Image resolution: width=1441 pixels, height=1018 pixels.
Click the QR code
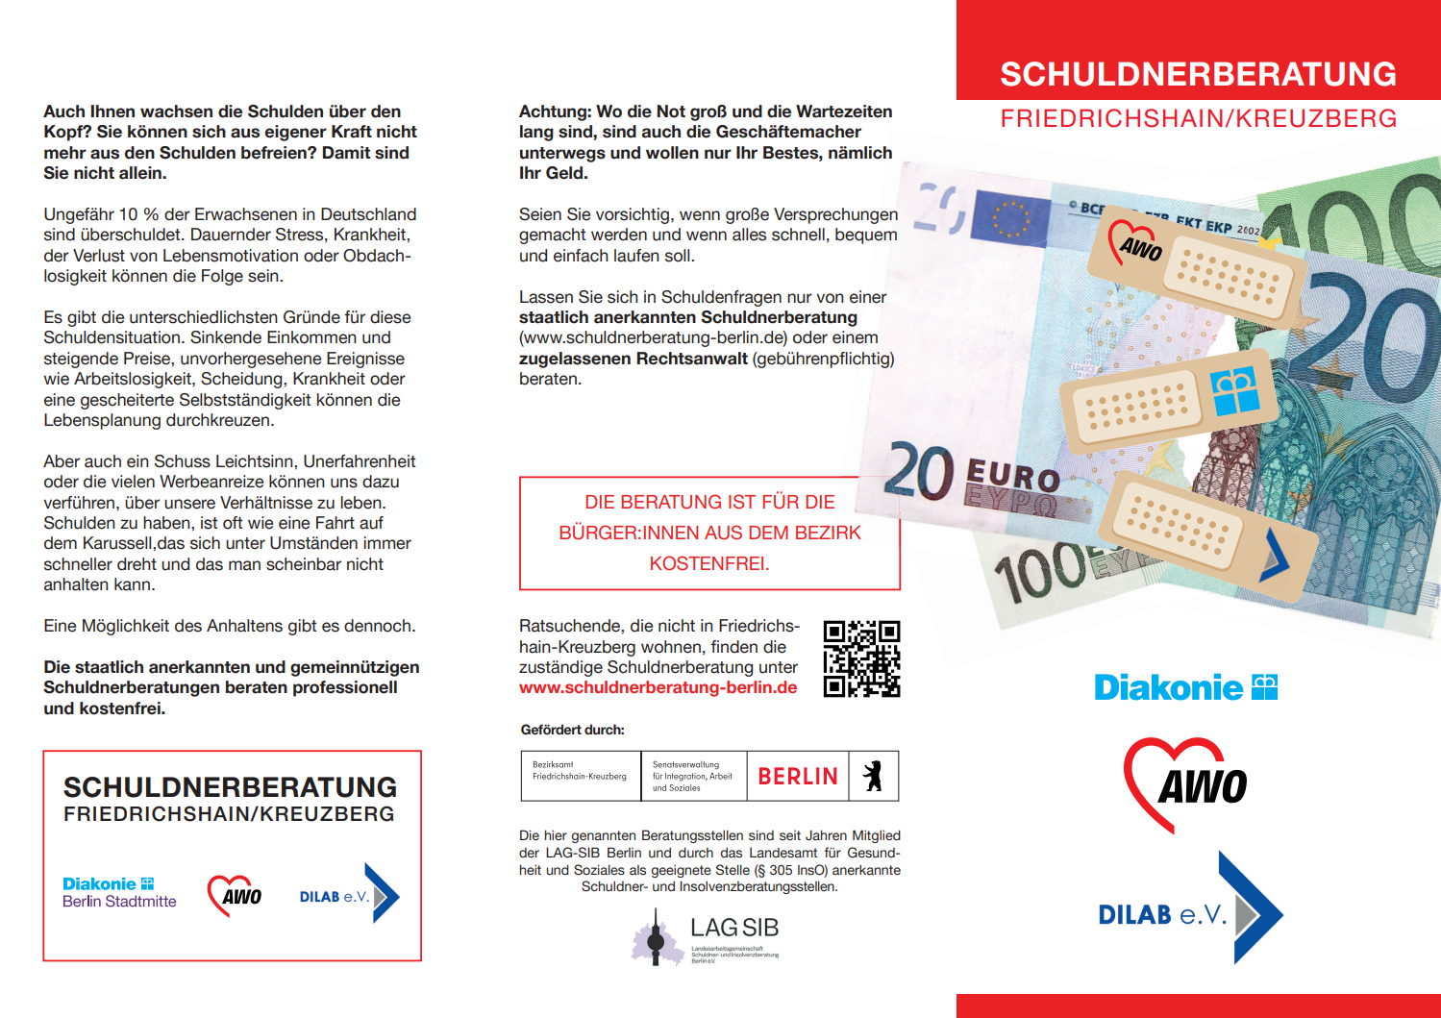861,658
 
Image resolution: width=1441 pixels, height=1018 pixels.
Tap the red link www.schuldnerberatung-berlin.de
658,688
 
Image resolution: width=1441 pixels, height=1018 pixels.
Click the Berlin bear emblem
873,776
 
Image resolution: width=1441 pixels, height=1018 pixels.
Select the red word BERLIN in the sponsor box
798,777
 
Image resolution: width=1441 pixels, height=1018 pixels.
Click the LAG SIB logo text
733,929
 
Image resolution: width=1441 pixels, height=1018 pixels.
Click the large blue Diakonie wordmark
1169,688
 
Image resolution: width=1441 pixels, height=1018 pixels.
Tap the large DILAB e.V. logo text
1162,914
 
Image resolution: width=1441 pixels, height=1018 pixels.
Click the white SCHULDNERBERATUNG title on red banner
1198,74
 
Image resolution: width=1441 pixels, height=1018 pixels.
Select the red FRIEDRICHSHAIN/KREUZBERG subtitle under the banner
1198,119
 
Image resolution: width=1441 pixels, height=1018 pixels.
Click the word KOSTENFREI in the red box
709,564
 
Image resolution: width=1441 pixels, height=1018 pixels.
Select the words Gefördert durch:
572,731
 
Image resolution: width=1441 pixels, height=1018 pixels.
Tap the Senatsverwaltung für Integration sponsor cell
692,777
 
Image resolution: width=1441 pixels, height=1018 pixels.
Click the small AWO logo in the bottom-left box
235,895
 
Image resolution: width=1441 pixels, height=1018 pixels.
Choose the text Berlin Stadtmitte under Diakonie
119,902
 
